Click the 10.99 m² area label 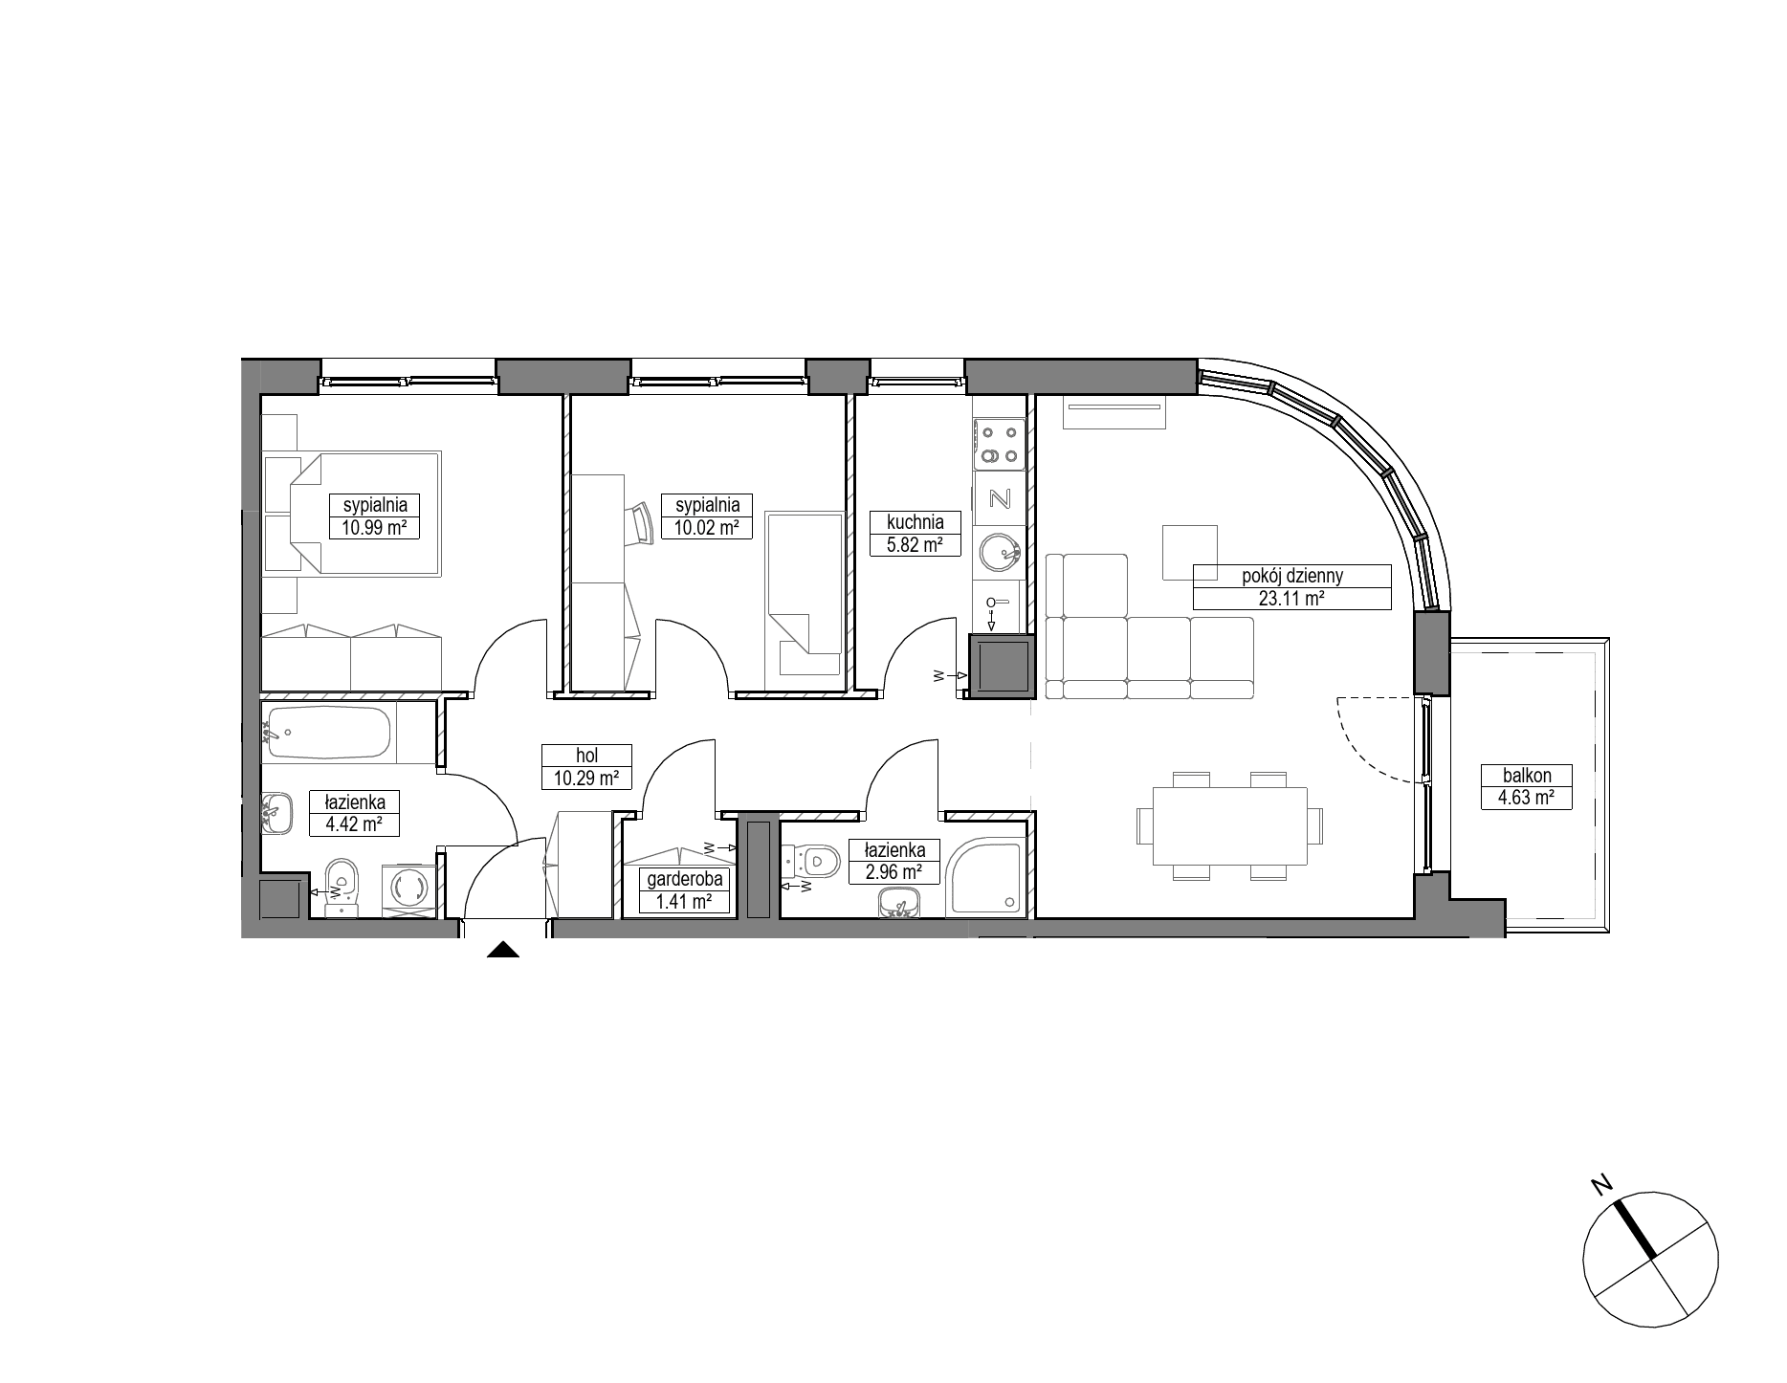[x=374, y=527]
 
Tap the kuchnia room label [x=916, y=522]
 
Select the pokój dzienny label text [x=1292, y=576]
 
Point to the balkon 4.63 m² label [x=1526, y=787]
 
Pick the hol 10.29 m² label [x=587, y=767]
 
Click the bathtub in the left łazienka [x=330, y=734]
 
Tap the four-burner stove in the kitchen [x=999, y=445]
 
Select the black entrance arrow [x=503, y=950]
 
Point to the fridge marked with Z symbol [x=999, y=499]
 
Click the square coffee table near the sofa [x=1190, y=552]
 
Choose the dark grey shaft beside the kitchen [x=1002, y=667]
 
